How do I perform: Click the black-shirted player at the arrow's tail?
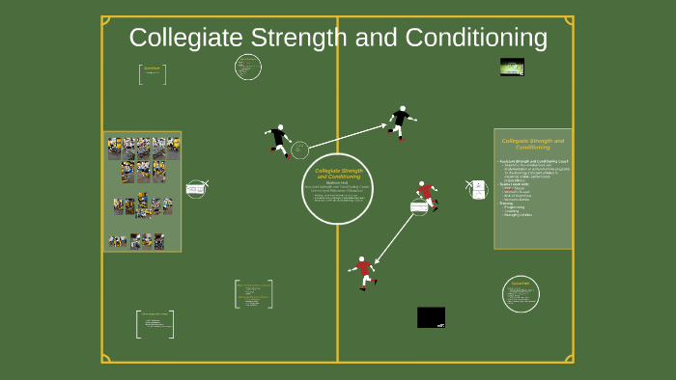pos(279,140)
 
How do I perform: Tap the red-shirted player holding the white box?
pos(426,195)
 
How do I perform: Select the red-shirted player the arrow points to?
pos(364,271)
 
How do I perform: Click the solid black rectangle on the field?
pos(431,317)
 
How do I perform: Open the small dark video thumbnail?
pos(512,67)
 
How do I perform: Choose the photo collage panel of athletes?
pos(142,191)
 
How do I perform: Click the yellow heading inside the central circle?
pos(337,174)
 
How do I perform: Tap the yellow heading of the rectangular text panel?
pos(532,144)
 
